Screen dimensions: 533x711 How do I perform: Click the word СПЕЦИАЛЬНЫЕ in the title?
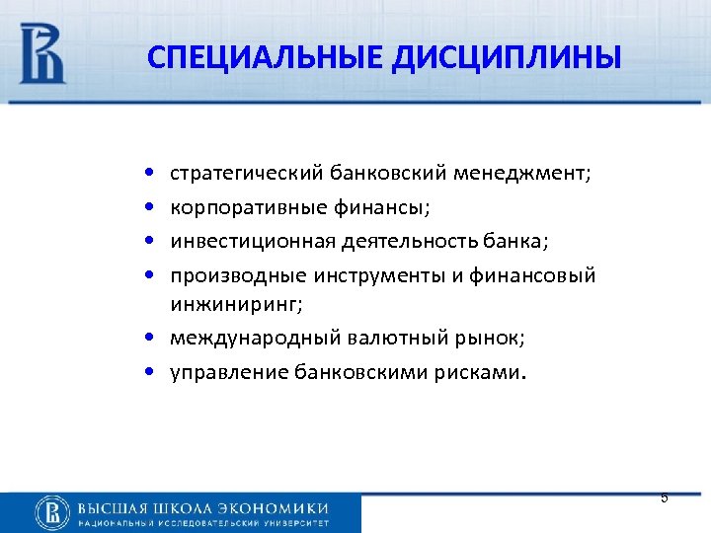coord(261,56)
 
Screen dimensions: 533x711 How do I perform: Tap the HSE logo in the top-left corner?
coord(42,54)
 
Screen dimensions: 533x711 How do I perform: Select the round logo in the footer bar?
coord(51,512)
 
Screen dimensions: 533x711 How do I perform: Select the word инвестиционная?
coord(242,242)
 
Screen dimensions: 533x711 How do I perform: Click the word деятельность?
coord(385,242)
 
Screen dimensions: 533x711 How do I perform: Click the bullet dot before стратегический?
coord(148,175)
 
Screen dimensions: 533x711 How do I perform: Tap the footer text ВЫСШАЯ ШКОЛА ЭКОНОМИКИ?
coord(202,506)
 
